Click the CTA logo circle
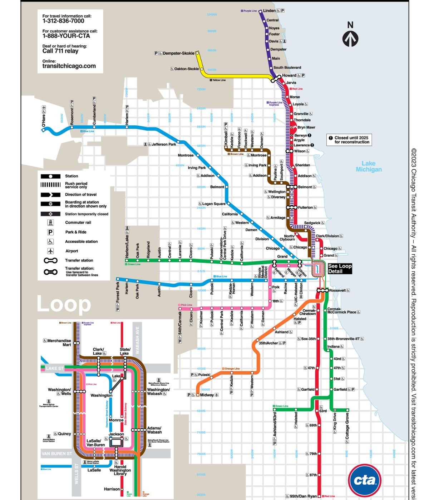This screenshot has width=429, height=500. pos(364,480)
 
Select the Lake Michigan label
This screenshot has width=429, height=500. pos(369,166)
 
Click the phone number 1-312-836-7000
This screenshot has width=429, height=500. pos(63,21)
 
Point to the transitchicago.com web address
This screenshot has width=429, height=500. pos(69,66)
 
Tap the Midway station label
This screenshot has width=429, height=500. pos(207,395)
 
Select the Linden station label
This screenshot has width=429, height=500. pos(269,11)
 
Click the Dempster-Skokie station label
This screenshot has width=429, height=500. pos(178,53)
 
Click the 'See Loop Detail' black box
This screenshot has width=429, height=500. pos(340,269)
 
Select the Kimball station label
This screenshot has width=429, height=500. pos(226,137)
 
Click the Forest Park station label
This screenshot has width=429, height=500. pos(118,292)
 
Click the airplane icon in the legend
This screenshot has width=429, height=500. pos(50,251)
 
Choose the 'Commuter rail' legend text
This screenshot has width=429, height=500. pos(78,222)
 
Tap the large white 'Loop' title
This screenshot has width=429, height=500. pos(64,304)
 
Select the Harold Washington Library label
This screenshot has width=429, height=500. pos(120,470)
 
